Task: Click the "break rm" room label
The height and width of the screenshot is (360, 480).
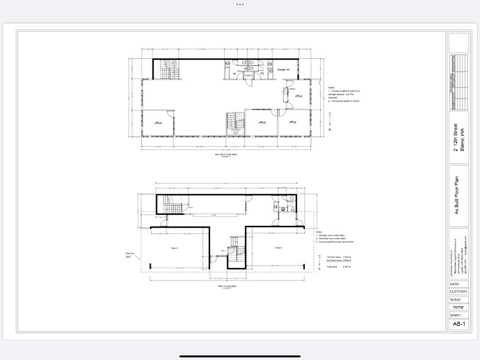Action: (x=283, y=70)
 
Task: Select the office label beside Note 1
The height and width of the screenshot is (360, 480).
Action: (x=299, y=96)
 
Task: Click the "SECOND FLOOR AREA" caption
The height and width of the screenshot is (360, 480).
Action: (x=225, y=156)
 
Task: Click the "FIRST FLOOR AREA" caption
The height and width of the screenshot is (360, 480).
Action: (x=226, y=286)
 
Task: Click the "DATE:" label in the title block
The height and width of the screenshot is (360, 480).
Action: (x=455, y=285)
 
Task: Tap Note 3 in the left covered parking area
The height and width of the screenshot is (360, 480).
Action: (x=174, y=247)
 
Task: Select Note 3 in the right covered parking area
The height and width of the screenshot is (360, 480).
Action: (x=277, y=247)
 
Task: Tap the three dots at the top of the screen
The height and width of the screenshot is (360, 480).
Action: (x=240, y=4)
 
